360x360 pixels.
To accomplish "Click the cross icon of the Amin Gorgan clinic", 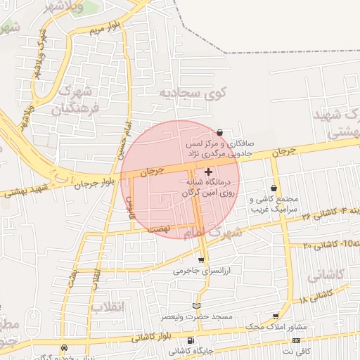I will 208,172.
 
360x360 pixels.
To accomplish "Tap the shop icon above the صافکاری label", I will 220,132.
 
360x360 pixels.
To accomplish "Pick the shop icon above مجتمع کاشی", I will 274,188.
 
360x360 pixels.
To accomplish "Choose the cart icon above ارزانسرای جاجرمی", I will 201,260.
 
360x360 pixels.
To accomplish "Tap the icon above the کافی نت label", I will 296,340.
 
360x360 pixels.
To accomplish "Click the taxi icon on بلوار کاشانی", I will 65,347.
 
